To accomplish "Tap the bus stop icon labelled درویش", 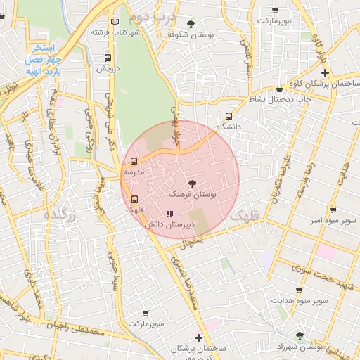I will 108,58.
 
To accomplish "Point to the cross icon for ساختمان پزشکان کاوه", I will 324,73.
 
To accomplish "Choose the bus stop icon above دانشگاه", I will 229,116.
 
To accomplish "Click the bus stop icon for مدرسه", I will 134,161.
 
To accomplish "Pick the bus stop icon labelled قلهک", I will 134,199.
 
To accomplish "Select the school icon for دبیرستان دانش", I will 169,214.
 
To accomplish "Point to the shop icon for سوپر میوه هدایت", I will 300,290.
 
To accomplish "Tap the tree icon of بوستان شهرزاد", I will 300,336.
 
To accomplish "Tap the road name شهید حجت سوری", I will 307,269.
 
